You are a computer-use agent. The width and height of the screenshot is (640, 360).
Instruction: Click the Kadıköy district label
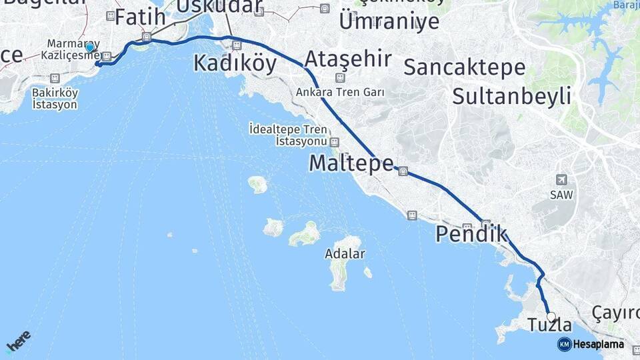[235, 63]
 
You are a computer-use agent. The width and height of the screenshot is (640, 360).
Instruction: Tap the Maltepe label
[351, 163]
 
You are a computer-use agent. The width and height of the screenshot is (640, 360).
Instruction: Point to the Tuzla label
[549, 325]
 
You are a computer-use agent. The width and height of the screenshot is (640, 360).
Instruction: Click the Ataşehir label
[347, 59]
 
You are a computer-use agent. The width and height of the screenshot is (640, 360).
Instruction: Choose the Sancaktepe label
[464, 67]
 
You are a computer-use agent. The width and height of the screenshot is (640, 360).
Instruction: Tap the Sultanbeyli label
[511, 96]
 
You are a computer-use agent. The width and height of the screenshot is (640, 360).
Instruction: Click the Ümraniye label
[389, 21]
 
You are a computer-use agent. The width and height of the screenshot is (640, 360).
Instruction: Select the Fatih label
[140, 17]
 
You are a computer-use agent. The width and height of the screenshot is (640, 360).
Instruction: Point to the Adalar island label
[345, 254]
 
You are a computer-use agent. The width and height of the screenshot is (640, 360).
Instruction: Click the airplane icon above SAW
[562, 180]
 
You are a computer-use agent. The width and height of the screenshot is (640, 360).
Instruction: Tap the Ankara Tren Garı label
[341, 93]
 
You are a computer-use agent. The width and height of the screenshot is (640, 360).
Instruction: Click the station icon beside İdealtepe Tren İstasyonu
[334, 142]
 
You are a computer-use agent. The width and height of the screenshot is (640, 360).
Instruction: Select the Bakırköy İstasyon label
[55, 99]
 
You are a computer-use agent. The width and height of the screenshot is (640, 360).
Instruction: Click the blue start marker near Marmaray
[89, 48]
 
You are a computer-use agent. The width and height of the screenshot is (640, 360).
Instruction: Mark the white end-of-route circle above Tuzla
[551, 316]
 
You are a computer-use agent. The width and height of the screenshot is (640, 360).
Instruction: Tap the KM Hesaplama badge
[591, 344]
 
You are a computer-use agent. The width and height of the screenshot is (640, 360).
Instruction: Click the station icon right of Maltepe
[403, 171]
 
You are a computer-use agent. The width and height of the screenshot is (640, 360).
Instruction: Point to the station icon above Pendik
[486, 225]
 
